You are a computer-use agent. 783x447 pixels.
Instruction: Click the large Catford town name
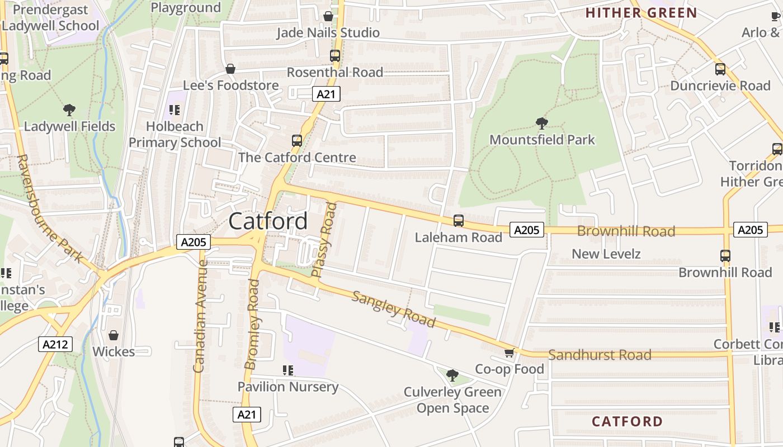(268, 221)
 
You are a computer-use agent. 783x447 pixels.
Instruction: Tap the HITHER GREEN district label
(641, 13)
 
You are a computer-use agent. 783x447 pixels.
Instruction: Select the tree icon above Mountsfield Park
(541, 123)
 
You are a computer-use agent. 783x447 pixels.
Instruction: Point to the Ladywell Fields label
(69, 126)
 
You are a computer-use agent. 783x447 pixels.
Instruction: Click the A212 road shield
(56, 344)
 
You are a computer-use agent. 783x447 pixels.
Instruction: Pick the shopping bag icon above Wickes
(114, 335)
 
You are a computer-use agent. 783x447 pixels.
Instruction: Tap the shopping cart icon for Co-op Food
(509, 353)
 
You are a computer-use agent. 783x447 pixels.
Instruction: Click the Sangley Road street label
(393, 309)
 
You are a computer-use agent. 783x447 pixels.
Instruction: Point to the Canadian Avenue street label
(199, 316)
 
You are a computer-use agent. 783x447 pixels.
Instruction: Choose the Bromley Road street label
(252, 325)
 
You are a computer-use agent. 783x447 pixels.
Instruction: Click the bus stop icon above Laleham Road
(459, 221)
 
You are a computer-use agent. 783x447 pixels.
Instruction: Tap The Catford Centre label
(297, 158)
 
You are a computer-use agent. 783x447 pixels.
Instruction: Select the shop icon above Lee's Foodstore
(230, 69)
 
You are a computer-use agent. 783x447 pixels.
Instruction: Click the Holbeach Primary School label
(175, 135)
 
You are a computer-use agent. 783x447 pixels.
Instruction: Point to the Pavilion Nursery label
(288, 387)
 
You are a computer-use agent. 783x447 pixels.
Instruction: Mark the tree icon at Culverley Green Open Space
(452, 375)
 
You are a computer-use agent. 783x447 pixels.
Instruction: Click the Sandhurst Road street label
(600, 355)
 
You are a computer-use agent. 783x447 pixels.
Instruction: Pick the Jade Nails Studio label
(328, 33)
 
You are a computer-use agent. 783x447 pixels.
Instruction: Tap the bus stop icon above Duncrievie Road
(720, 69)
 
